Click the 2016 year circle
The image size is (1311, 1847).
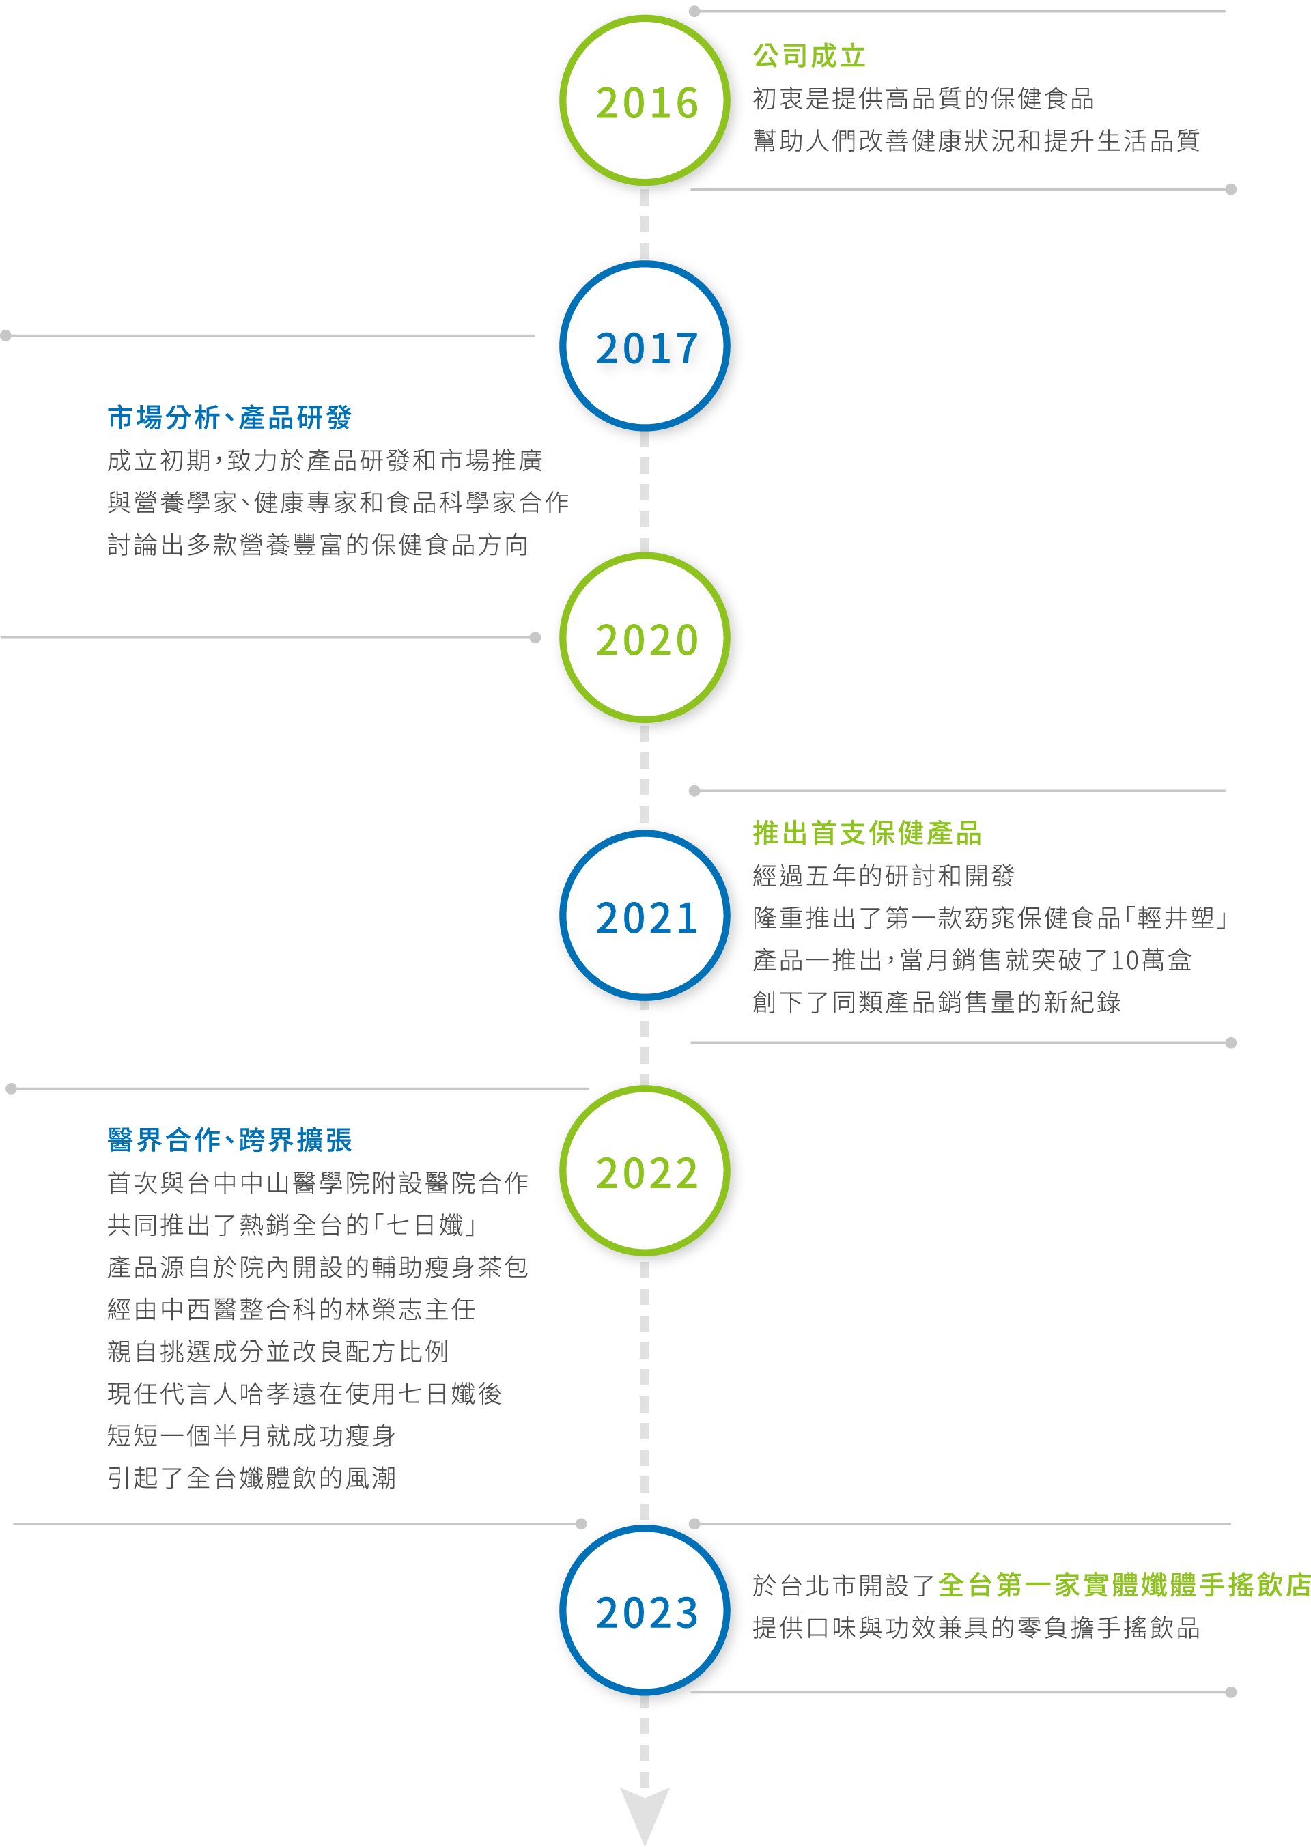click(x=646, y=102)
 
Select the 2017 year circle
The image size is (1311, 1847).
click(x=646, y=347)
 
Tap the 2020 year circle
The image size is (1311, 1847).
click(x=646, y=639)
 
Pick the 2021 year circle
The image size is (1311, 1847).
click(x=646, y=917)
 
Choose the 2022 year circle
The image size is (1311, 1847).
click(x=646, y=1172)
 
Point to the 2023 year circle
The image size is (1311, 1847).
click(x=646, y=1612)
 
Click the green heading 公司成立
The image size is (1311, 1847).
click(x=809, y=57)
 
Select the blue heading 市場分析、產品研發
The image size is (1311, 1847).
click(x=229, y=417)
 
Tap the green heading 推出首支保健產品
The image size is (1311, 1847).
click(x=866, y=833)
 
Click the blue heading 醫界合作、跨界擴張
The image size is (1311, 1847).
click(x=229, y=1140)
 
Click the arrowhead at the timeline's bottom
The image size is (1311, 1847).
click(x=644, y=1812)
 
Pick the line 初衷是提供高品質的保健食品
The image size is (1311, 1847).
click(x=922, y=98)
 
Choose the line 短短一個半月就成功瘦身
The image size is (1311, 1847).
click(x=251, y=1436)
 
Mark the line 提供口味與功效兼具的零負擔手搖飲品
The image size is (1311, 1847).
click(x=975, y=1627)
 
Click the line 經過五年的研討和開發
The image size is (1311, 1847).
click(x=883, y=876)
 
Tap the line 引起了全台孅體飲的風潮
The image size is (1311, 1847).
click(x=251, y=1478)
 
